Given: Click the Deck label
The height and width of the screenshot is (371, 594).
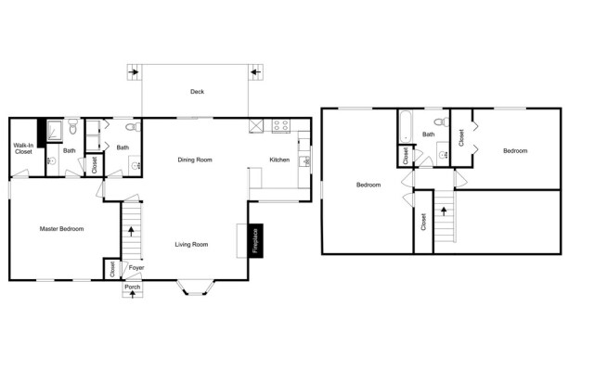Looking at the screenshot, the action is [x=197, y=92].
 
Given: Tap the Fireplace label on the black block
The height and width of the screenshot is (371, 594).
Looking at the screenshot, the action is [x=255, y=241].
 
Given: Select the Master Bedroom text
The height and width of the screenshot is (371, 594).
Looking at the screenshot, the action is [x=62, y=229].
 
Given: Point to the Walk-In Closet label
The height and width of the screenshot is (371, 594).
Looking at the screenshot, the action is [x=23, y=148].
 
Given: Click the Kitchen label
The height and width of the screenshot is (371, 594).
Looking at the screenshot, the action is [x=279, y=160].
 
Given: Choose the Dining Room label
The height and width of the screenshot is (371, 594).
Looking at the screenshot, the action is [x=195, y=160].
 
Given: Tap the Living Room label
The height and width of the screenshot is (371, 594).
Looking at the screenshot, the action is [x=191, y=245].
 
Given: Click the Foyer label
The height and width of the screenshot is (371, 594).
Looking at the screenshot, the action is [x=136, y=268].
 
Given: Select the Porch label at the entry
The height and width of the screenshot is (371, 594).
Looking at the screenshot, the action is [x=133, y=287].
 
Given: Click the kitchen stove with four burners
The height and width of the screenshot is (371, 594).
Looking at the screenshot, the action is [x=281, y=126].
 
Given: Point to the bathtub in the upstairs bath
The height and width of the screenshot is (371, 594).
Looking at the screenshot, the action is [x=406, y=126].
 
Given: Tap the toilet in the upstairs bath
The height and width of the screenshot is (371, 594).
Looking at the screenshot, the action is [x=441, y=122].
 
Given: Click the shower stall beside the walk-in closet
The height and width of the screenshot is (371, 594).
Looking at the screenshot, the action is [x=55, y=131].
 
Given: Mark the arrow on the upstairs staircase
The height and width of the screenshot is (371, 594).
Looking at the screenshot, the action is [x=444, y=211].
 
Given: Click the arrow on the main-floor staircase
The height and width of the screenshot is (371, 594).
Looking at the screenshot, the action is [x=131, y=231].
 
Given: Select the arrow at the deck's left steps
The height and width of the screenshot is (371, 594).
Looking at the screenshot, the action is [x=134, y=71].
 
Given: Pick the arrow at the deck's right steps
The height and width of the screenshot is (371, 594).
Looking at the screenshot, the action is [x=256, y=71].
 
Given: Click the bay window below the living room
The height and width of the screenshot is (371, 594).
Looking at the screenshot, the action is [x=196, y=288].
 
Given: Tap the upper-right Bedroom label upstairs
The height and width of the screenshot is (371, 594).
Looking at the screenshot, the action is [x=515, y=150].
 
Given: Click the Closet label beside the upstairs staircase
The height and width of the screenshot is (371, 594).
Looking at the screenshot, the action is [x=423, y=222].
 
